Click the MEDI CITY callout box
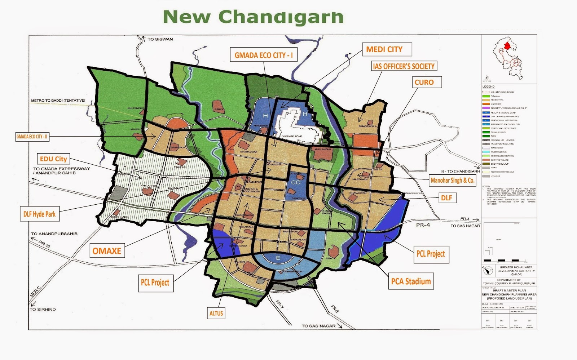[384, 49]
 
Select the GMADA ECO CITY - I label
[264, 55]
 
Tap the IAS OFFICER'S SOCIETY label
[404, 66]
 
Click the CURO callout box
[424, 82]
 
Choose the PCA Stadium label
[411, 281]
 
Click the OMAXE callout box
[107, 251]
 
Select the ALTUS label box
[216, 313]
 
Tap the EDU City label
[53, 159]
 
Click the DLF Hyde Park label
[39, 214]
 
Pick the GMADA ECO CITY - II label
[32, 137]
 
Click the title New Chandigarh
[253, 17]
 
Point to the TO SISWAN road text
[160, 39]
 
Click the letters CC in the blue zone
[296, 182]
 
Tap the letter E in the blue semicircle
[278, 258]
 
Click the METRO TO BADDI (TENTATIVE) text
[58, 100]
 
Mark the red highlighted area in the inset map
[507, 46]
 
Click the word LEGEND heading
[488, 86]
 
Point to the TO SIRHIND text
[43, 309]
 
